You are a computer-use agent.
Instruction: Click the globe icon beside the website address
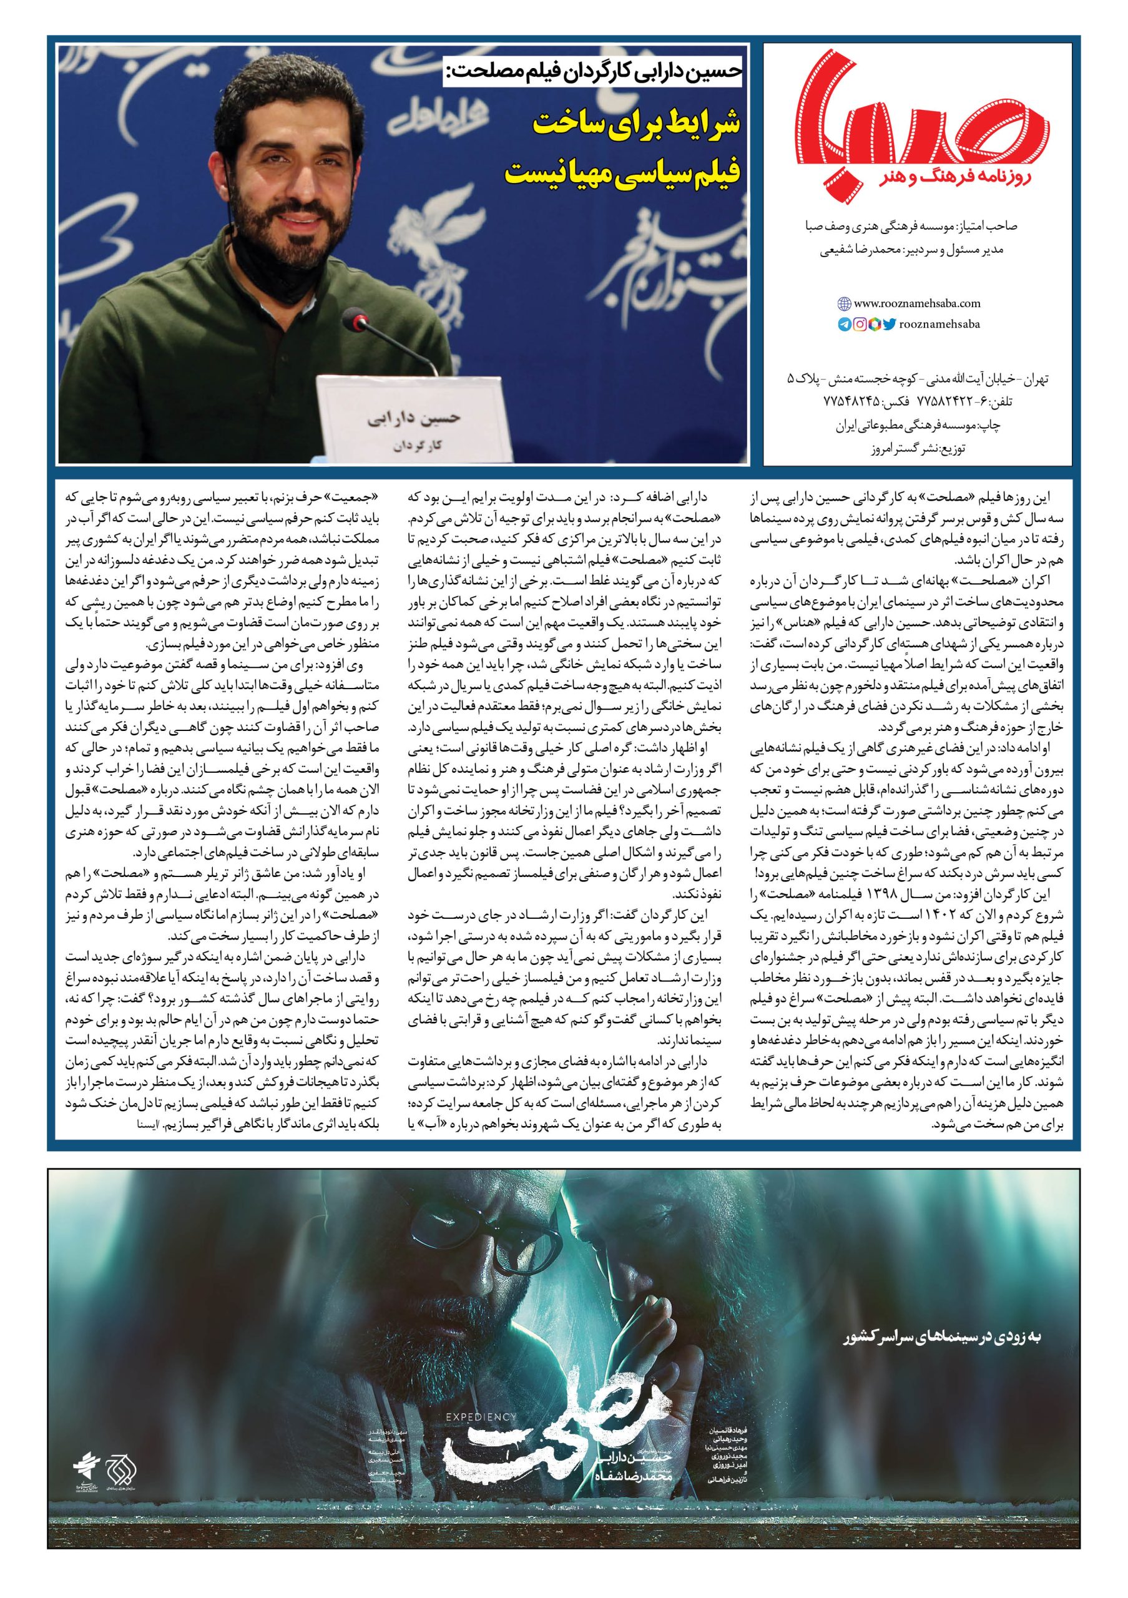[x=844, y=303]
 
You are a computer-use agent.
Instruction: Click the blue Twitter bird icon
[x=889, y=323]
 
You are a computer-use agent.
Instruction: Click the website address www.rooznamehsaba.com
[x=916, y=303]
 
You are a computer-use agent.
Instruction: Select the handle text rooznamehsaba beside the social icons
[x=939, y=323]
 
